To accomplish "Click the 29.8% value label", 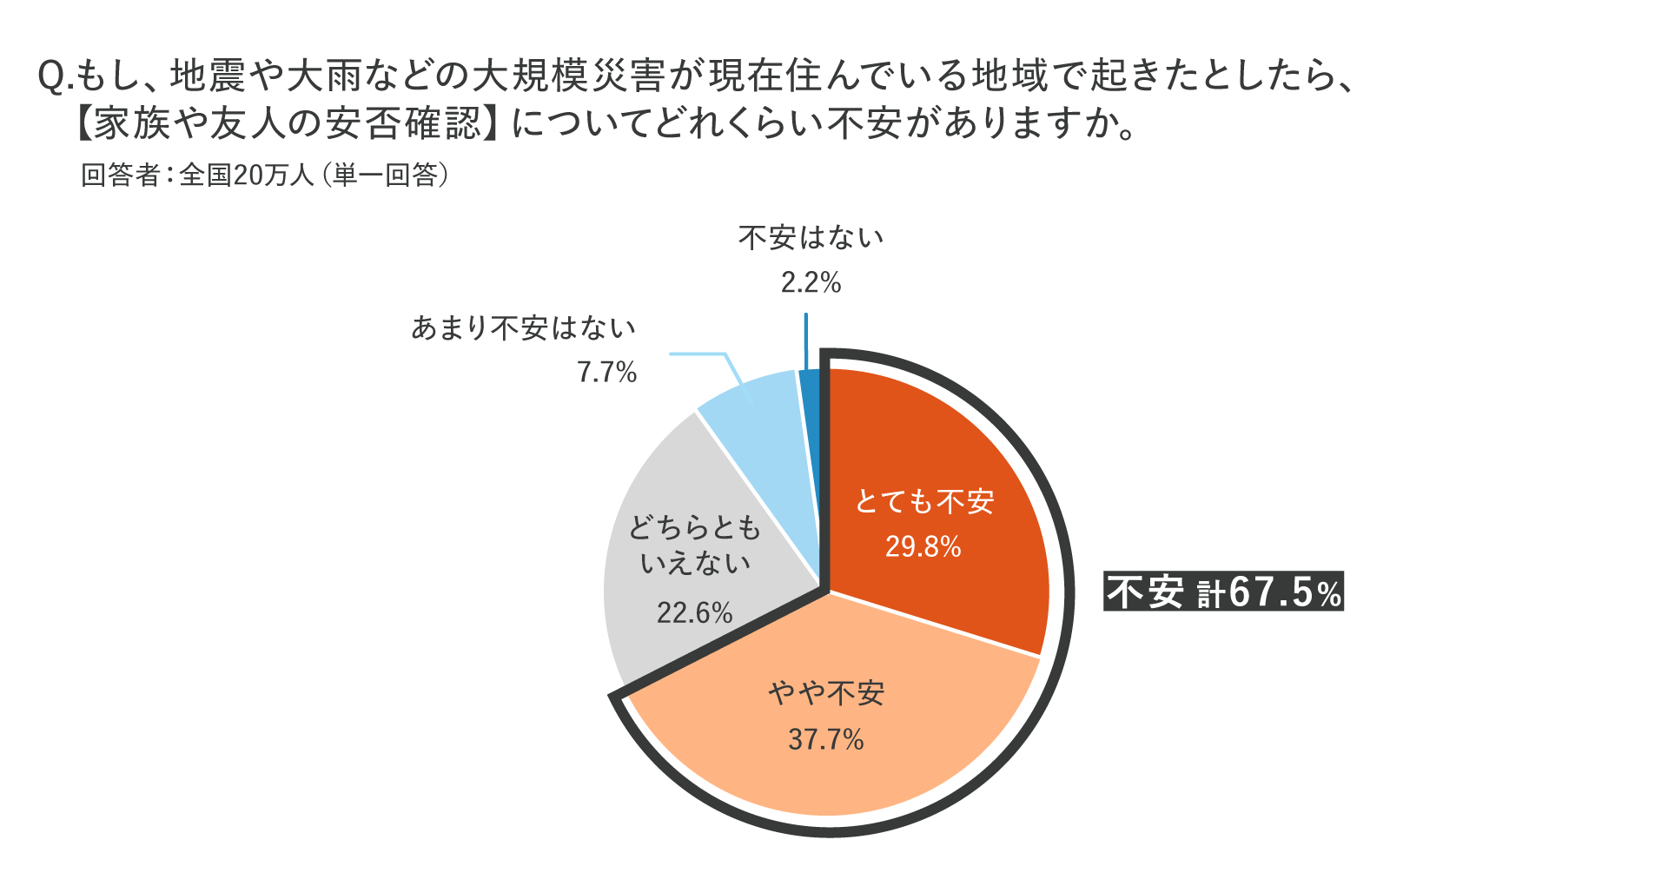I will [923, 546].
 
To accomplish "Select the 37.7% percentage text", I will [825, 739].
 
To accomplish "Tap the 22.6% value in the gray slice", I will [694, 613].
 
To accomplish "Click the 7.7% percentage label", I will [606, 373].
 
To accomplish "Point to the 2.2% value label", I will [811, 282].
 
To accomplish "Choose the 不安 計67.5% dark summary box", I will [1223, 592].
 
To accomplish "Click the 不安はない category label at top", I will [811, 238].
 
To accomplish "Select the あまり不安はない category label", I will [523, 328].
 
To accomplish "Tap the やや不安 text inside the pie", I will [825, 693].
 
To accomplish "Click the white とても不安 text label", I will [923, 501].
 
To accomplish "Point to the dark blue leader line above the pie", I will [806, 341].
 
